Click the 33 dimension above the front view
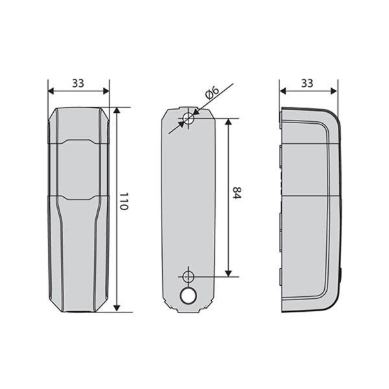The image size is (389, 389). (x=78, y=84)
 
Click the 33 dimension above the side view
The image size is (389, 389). (x=307, y=84)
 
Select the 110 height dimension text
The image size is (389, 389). (x=124, y=201)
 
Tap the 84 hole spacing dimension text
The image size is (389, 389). (x=237, y=193)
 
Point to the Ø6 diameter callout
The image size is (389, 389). (x=213, y=93)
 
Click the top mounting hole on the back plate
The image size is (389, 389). (x=188, y=118)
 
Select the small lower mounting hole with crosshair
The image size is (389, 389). (x=188, y=276)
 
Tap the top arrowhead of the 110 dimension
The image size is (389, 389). (x=117, y=110)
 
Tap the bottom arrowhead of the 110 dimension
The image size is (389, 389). (x=117, y=309)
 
